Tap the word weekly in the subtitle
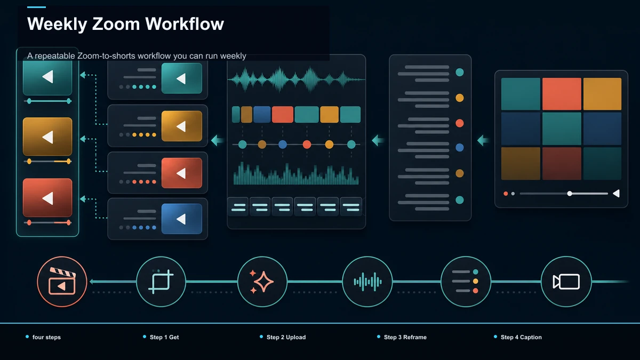233,55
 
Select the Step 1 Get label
164,337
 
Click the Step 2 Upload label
286,337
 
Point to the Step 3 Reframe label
405,337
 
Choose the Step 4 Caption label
521,337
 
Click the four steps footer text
46,337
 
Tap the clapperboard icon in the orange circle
62,282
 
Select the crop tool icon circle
161,282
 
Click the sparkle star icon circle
262,282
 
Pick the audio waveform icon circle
367,282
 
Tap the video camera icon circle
566,282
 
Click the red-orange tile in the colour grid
562,94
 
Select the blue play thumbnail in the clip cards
182,219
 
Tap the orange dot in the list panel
460,98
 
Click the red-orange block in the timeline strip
283,115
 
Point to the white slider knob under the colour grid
570,194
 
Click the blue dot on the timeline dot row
283,145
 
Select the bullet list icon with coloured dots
466,282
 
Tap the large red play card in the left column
47,198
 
